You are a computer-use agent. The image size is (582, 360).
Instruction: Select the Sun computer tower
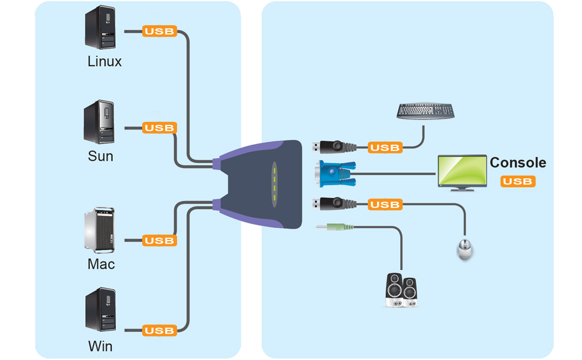point(100,123)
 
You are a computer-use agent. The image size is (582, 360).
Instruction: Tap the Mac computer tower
point(100,230)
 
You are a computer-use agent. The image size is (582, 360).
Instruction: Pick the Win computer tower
point(100,310)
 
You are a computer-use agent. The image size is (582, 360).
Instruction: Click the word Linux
point(104,61)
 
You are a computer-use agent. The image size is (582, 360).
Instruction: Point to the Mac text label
point(101,264)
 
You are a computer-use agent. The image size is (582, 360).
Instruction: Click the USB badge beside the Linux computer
point(159,31)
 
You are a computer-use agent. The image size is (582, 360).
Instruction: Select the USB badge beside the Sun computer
point(159,128)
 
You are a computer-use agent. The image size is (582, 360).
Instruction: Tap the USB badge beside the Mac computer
point(159,241)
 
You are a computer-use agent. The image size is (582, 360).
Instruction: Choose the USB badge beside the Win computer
point(159,331)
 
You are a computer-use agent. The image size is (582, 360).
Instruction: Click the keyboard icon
point(426,111)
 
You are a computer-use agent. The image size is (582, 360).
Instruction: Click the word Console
point(518,163)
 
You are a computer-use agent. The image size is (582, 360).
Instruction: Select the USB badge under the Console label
point(518,181)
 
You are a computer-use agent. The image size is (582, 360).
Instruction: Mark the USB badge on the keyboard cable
point(385,148)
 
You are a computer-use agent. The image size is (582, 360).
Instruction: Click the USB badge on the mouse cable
point(385,205)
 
